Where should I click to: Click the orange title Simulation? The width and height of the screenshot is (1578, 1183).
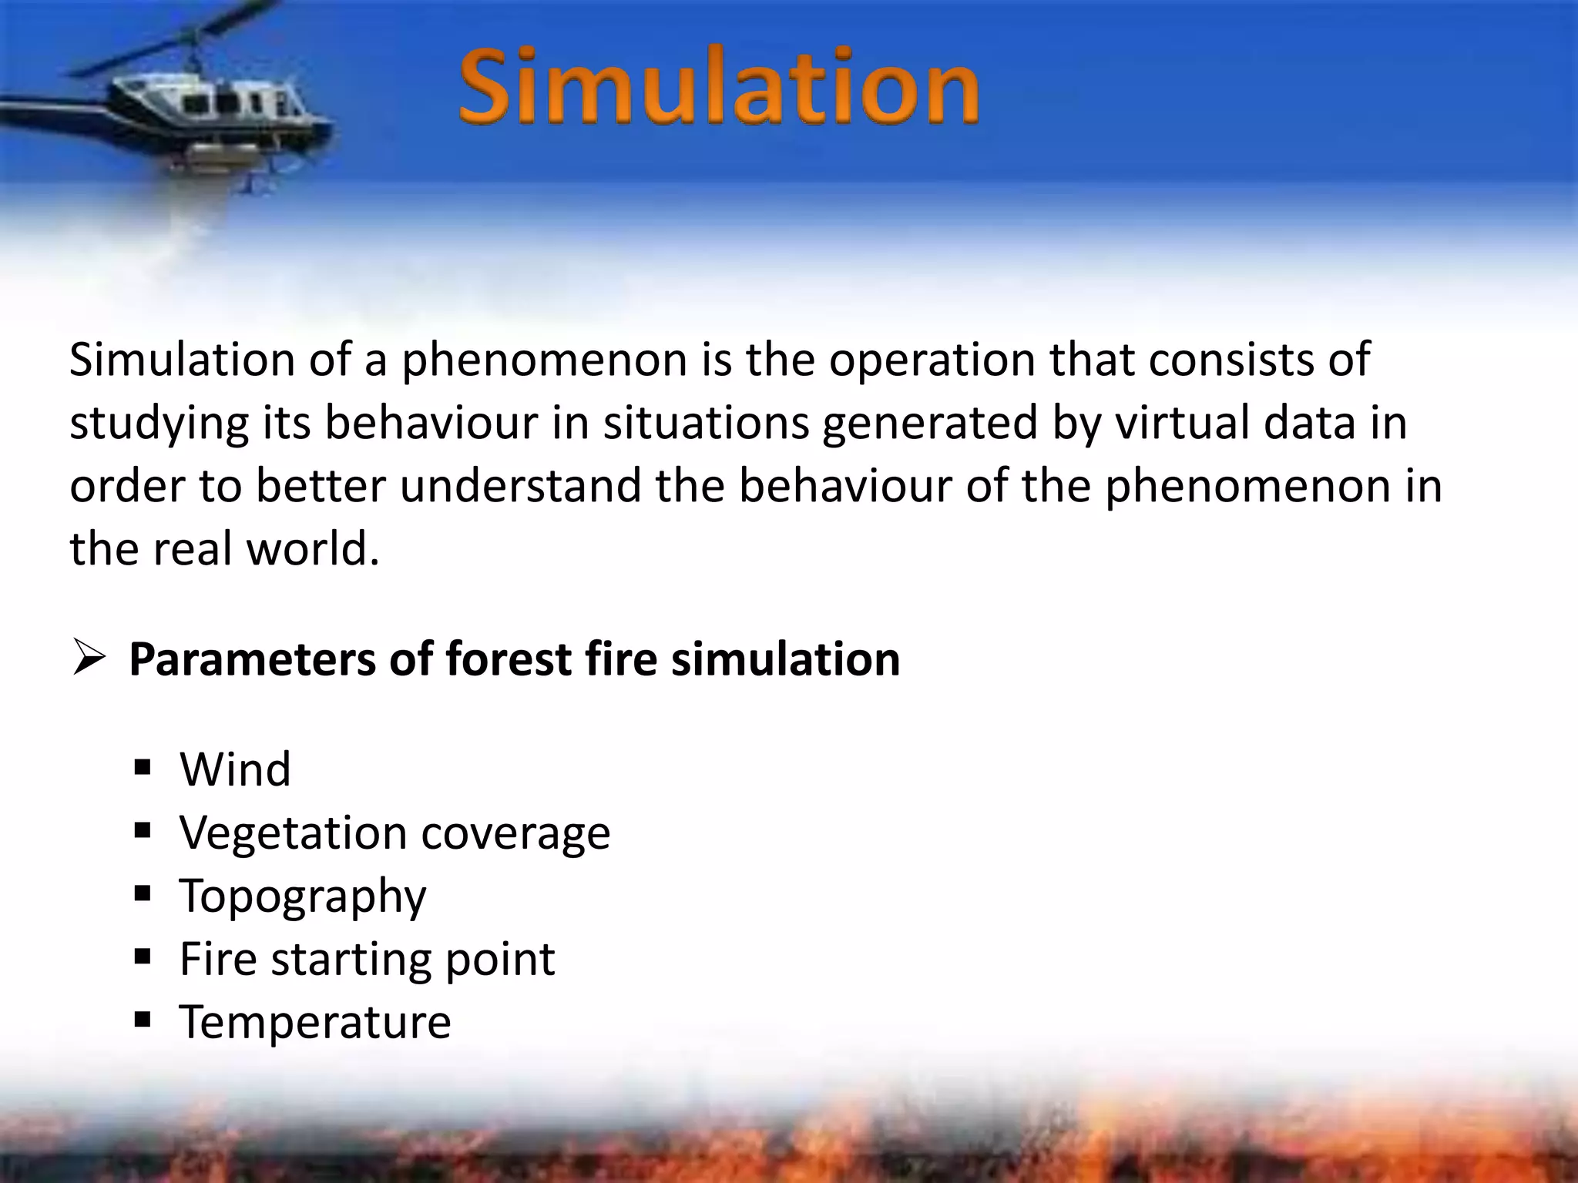[x=718, y=86]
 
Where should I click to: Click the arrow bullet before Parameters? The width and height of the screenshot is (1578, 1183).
[x=89, y=659]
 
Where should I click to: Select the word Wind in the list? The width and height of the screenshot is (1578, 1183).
[x=235, y=769]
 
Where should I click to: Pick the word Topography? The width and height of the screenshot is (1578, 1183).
[x=302, y=896]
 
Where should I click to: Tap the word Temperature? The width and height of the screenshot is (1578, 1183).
[x=314, y=1023]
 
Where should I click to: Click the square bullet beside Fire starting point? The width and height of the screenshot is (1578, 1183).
[x=143, y=957]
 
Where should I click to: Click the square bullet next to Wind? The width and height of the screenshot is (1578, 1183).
[x=143, y=768]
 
